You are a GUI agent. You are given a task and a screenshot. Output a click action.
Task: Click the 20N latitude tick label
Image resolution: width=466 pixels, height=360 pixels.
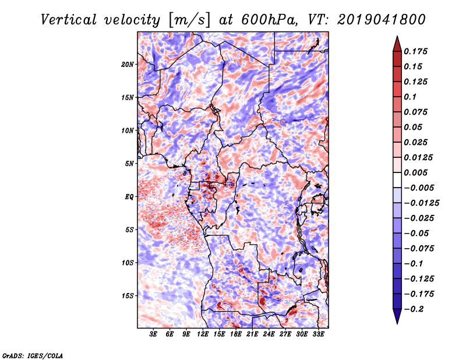point(128,64)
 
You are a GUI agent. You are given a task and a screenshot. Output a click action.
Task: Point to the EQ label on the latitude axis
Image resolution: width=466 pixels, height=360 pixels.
point(130,196)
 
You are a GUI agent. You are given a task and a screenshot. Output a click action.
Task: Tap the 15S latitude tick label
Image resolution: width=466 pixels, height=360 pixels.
point(128,295)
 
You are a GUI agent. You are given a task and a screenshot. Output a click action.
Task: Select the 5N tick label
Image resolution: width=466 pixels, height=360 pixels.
point(129,163)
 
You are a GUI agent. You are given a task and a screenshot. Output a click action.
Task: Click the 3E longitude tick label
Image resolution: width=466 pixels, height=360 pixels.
point(154,334)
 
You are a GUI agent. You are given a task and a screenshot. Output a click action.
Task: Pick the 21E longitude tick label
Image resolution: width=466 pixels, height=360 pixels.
point(252,334)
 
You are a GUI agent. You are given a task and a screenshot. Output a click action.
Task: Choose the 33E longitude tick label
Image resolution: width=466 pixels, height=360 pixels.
point(318,334)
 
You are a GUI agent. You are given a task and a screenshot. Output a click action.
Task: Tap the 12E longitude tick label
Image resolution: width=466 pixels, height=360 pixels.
point(203,334)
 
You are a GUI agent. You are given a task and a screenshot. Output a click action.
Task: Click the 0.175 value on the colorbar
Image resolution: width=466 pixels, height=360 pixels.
point(416,51)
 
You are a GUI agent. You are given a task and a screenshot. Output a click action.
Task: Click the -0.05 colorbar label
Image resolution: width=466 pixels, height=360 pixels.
point(416,233)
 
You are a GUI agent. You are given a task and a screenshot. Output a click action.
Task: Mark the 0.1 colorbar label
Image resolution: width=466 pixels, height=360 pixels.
point(411,97)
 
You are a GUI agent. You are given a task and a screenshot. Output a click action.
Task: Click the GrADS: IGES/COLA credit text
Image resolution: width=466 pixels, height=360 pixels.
point(32,355)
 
